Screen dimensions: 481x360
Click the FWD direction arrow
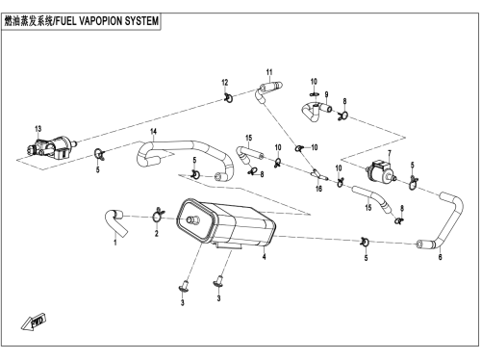pyautogui.click(x=34, y=322)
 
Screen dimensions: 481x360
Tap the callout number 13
pyautogui.click(x=38, y=129)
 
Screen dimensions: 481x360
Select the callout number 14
pyautogui.click(x=154, y=131)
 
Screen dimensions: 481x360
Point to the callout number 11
pyautogui.click(x=269, y=72)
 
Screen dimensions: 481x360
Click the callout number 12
pyautogui.click(x=225, y=83)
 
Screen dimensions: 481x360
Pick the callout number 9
pyautogui.click(x=326, y=94)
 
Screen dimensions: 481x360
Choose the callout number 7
pyautogui.click(x=390, y=153)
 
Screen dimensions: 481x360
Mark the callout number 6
pyautogui.click(x=440, y=257)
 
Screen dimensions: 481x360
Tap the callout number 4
pyautogui.click(x=264, y=257)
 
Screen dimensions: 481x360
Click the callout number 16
pyautogui.click(x=318, y=189)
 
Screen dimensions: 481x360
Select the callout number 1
pyautogui.click(x=115, y=242)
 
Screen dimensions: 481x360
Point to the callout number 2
pyautogui.click(x=157, y=234)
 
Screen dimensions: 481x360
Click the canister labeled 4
pyautogui.click(x=226, y=223)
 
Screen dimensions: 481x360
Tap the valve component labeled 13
pyautogui.click(x=50, y=148)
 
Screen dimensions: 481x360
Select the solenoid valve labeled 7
pyautogui.click(x=381, y=171)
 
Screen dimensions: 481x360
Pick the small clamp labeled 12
pyautogui.click(x=229, y=97)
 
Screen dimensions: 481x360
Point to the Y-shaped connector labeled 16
pyautogui.click(x=319, y=175)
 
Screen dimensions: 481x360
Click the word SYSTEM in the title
pyautogui.click(x=141, y=21)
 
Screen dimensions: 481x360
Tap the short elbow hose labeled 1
pyautogui.click(x=114, y=222)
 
